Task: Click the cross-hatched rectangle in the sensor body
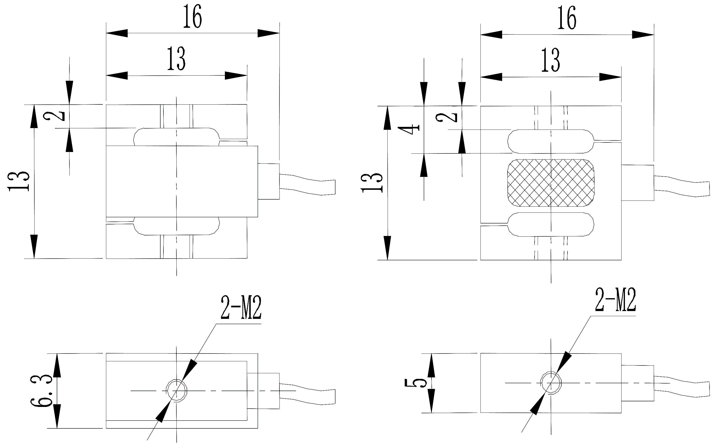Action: point(551,183)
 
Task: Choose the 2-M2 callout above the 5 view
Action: point(615,300)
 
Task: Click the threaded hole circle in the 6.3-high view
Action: point(177,391)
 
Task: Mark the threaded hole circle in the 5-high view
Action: point(551,383)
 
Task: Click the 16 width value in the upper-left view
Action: point(192,17)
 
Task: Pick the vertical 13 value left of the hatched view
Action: point(372,182)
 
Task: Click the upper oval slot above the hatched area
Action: point(551,141)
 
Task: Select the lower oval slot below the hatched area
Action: point(551,224)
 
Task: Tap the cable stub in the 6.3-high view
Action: point(307,394)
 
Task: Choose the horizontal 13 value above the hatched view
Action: point(550,60)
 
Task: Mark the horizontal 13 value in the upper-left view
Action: point(176,59)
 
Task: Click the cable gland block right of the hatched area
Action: point(638,182)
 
